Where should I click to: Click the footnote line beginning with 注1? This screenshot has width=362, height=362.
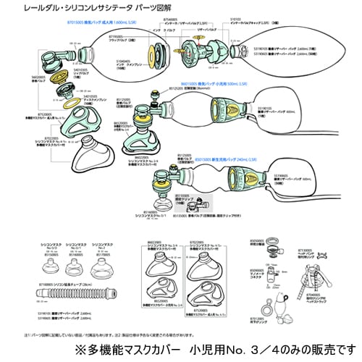[x=109, y=335]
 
